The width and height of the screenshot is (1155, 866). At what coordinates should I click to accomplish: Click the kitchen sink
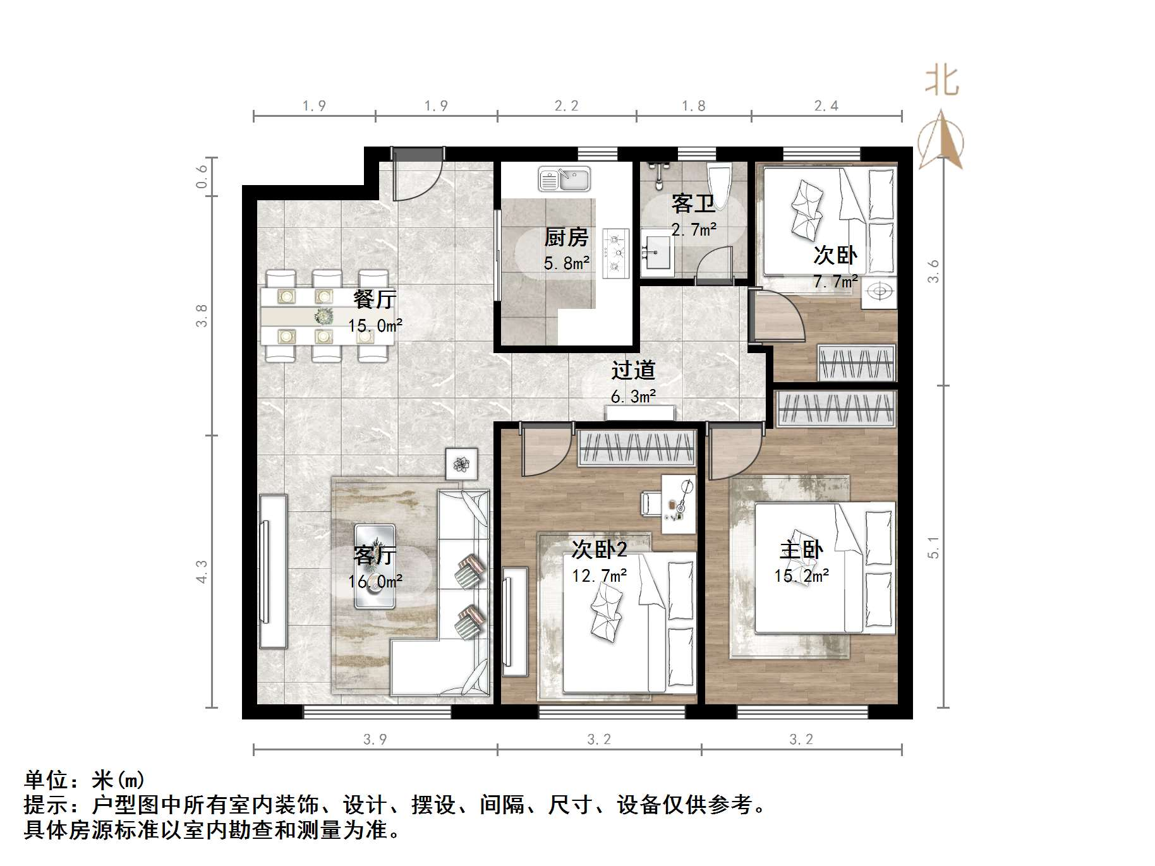(x=564, y=179)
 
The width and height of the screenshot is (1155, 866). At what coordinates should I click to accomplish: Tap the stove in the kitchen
(x=615, y=253)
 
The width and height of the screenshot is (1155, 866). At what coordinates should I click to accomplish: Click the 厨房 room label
(x=566, y=238)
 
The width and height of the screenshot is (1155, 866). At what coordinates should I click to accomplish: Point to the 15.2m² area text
(x=801, y=576)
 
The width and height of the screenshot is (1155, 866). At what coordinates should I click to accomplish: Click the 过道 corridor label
(x=633, y=370)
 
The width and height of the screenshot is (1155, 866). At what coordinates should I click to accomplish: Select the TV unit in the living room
(x=273, y=570)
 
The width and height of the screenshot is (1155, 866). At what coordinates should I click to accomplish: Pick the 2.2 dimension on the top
(x=566, y=106)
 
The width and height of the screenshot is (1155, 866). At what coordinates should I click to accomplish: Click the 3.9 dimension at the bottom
(x=375, y=739)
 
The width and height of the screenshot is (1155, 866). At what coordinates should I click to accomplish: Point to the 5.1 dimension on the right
(x=934, y=547)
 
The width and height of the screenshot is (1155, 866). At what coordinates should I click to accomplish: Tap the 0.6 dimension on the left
(x=202, y=176)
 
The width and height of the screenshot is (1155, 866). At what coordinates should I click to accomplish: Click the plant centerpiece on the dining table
(x=325, y=315)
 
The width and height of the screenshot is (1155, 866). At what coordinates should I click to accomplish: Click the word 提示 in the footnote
(x=46, y=805)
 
